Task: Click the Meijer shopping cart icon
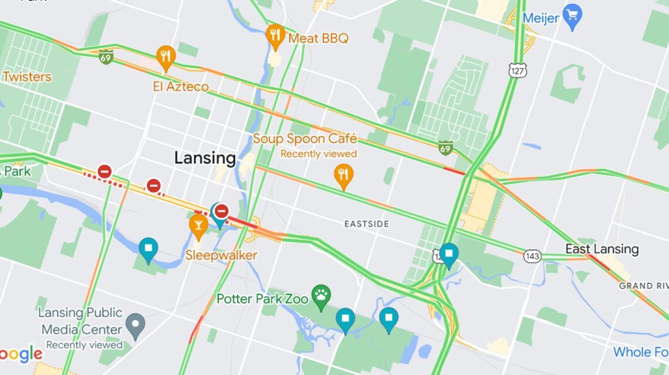572,13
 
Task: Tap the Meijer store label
540,18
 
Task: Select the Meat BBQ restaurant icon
275,36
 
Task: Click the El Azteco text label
181,87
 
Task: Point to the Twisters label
26,77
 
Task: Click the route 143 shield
532,256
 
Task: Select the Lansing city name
205,158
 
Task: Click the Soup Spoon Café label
305,139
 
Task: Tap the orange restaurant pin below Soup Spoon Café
343,175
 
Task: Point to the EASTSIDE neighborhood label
366,224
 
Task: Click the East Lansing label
602,249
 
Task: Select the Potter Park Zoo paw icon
321,298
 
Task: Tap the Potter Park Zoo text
262,299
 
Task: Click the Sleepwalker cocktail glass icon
198,225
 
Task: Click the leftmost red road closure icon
104,171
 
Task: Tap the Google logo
21,354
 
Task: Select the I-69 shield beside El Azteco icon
106,57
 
